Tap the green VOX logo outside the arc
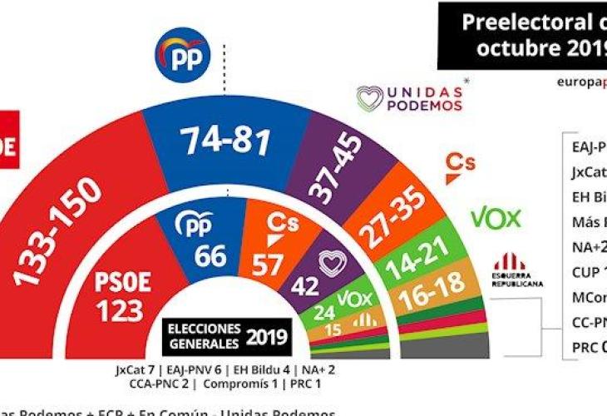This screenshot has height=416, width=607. (496, 219)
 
